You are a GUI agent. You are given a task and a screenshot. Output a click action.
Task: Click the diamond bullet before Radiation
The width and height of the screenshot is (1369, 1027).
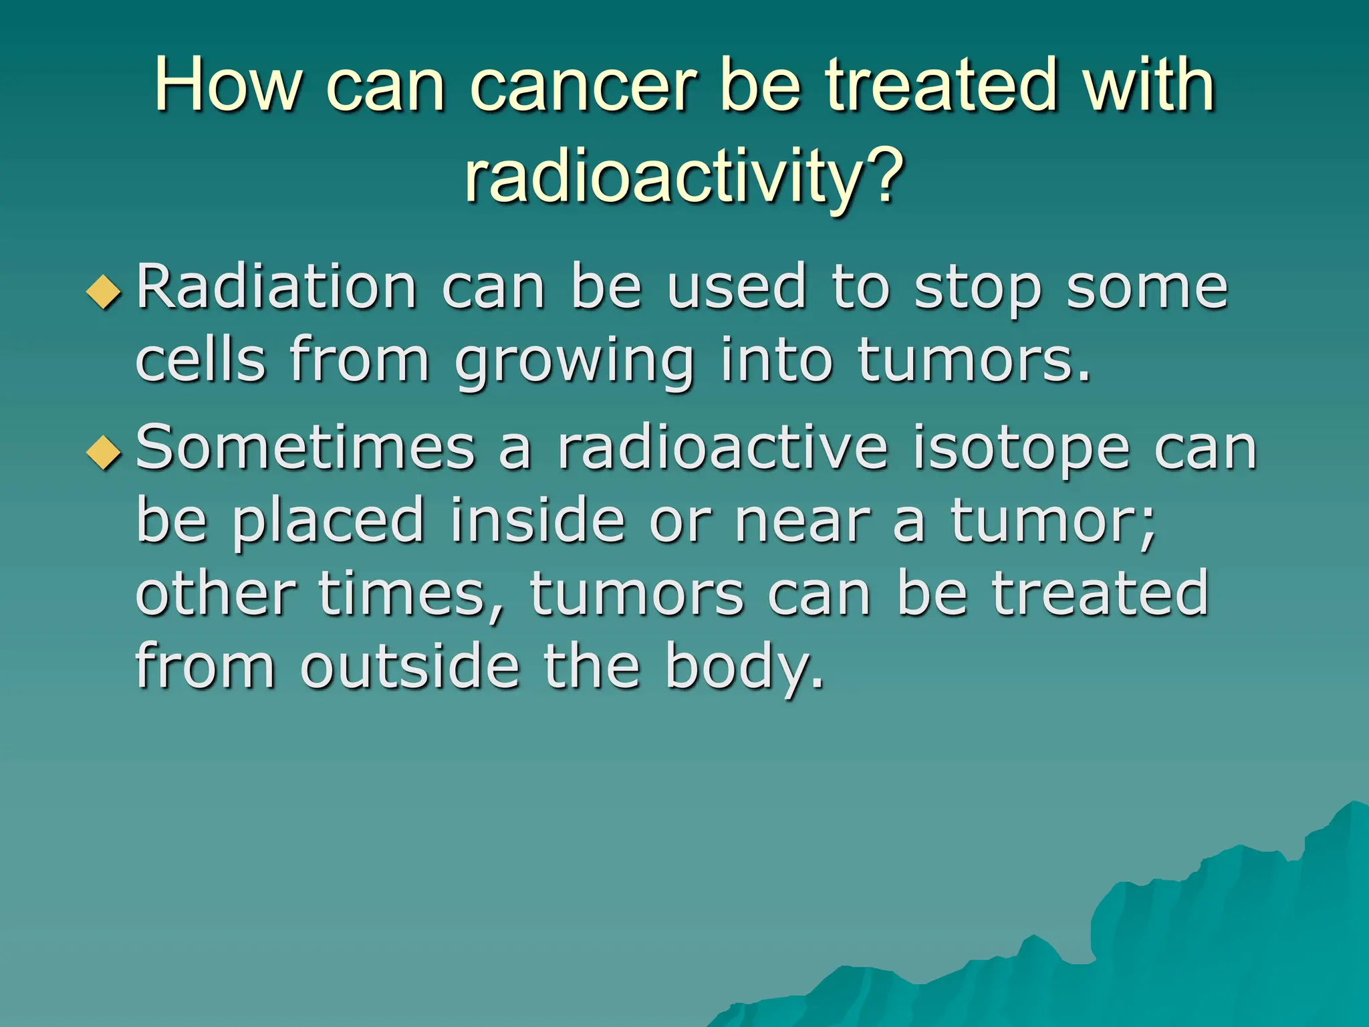point(104,292)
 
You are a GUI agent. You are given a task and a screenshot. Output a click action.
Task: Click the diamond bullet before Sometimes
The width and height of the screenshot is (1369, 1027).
point(104,453)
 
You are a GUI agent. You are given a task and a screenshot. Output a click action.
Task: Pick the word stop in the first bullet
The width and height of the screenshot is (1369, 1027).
point(978,289)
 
